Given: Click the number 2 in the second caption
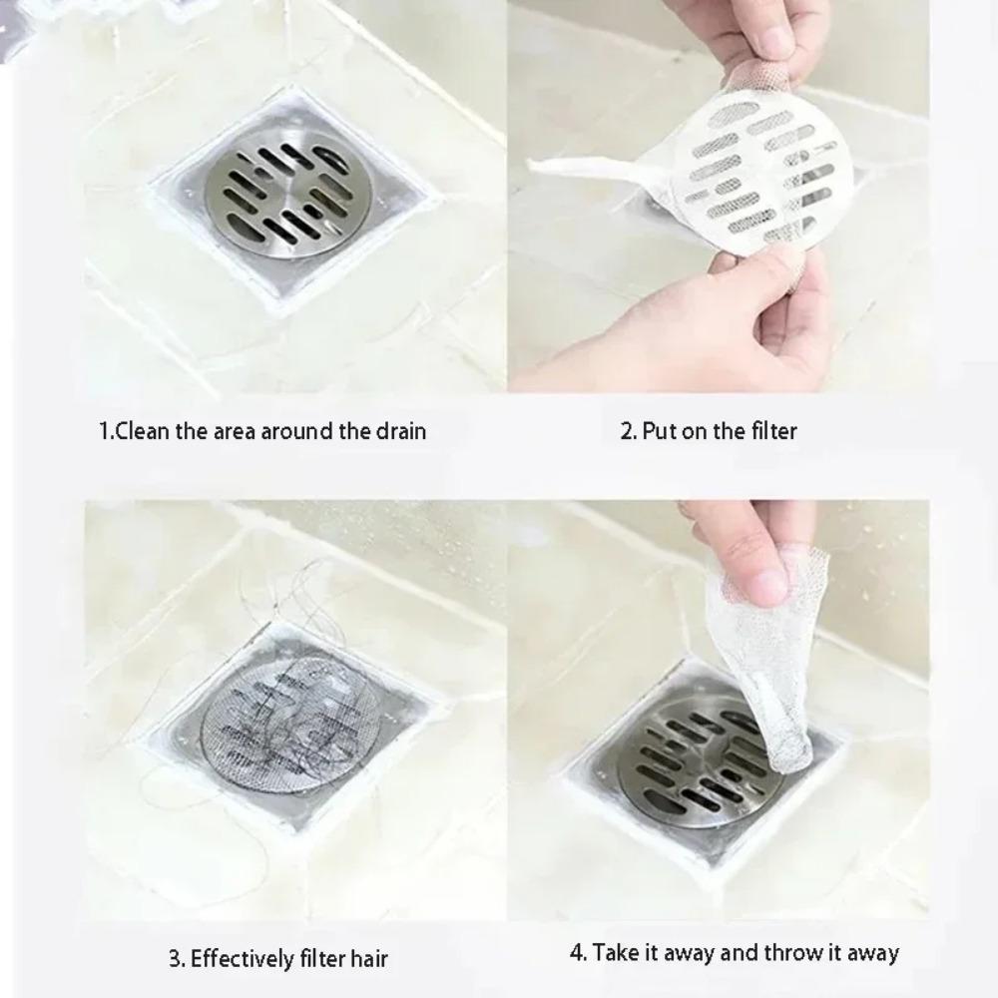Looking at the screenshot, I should [x=627, y=431].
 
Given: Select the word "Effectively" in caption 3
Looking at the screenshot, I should [x=243, y=960].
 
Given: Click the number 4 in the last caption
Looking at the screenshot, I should [x=577, y=952].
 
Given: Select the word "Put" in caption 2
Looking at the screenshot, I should [x=660, y=431].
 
